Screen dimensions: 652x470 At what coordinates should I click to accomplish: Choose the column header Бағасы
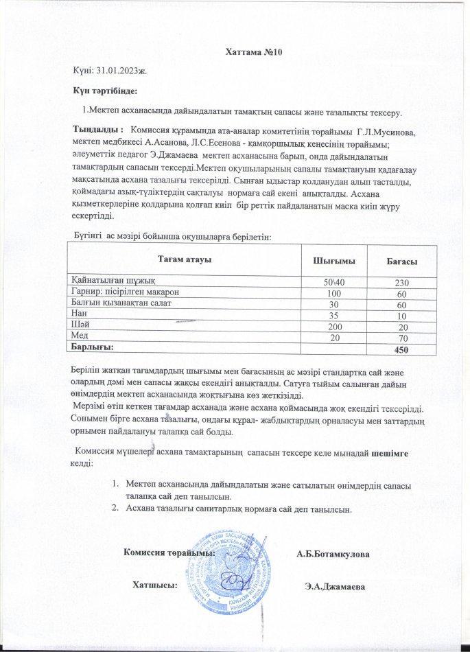tap(403, 263)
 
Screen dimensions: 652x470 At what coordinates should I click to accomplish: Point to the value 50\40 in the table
tap(335, 283)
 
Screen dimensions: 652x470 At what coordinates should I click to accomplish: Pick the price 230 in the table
tap(402, 283)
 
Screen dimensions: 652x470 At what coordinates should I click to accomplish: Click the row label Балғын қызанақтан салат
tap(121, 303)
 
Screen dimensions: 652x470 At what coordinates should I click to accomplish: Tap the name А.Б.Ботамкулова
tap(333, 554)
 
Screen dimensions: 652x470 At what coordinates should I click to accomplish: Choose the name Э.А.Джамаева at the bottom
tap(333, 587)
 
